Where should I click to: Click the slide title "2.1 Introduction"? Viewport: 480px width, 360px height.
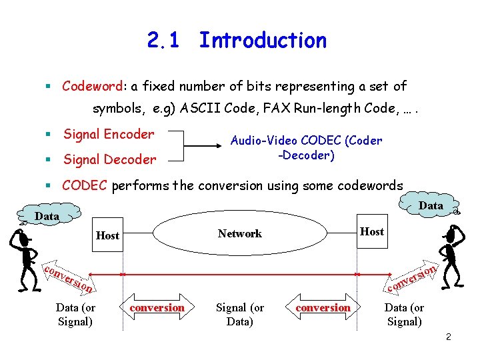[237, 41]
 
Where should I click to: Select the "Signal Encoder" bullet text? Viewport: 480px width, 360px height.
[109, 134]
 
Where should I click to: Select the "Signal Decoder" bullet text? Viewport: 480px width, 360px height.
[109, 159]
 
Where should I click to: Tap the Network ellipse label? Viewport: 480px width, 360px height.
[239, 233]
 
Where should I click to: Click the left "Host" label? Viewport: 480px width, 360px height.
[107, 235]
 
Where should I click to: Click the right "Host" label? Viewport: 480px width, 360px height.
[371, 231]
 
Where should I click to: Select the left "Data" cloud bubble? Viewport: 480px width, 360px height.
[47, 216]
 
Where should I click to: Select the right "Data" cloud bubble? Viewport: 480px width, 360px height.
[431, 205]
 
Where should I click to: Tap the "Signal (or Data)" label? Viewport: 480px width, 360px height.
[239, 314]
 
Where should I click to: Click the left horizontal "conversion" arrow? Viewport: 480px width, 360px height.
[157, 307]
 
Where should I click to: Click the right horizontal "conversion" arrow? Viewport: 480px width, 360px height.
[323, 307]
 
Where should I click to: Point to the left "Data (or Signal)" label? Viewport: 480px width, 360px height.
[75, 314]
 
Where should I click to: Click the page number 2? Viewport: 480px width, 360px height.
[449, 337]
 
